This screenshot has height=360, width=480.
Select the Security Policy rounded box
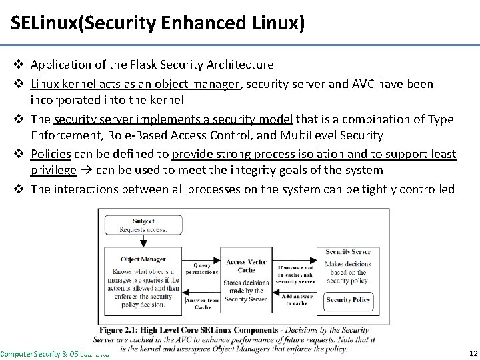[x=348, y=300]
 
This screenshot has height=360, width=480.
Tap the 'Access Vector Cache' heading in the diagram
[x=246, y=265]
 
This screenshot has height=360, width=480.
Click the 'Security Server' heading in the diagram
[x=348, y=252]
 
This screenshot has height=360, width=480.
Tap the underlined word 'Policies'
[x=51, y=153]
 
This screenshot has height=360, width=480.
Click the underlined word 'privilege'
[x=53, y=170]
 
